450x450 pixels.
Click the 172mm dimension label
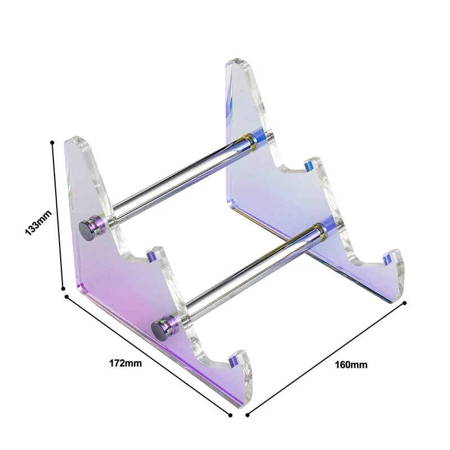pyautogui.click(x=125, y=363)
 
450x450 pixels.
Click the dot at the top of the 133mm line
pyautogui.click(x=52, y=143)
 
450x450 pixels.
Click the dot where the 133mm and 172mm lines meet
pyautogui.click(x=66, y=294)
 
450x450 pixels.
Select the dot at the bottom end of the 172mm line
pyautogui.click(x=230, y=415)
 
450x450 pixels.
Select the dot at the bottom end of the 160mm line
pyautogui.click(x=247, y=415)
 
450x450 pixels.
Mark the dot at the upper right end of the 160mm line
pyautogui.click(x=404, y=303)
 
